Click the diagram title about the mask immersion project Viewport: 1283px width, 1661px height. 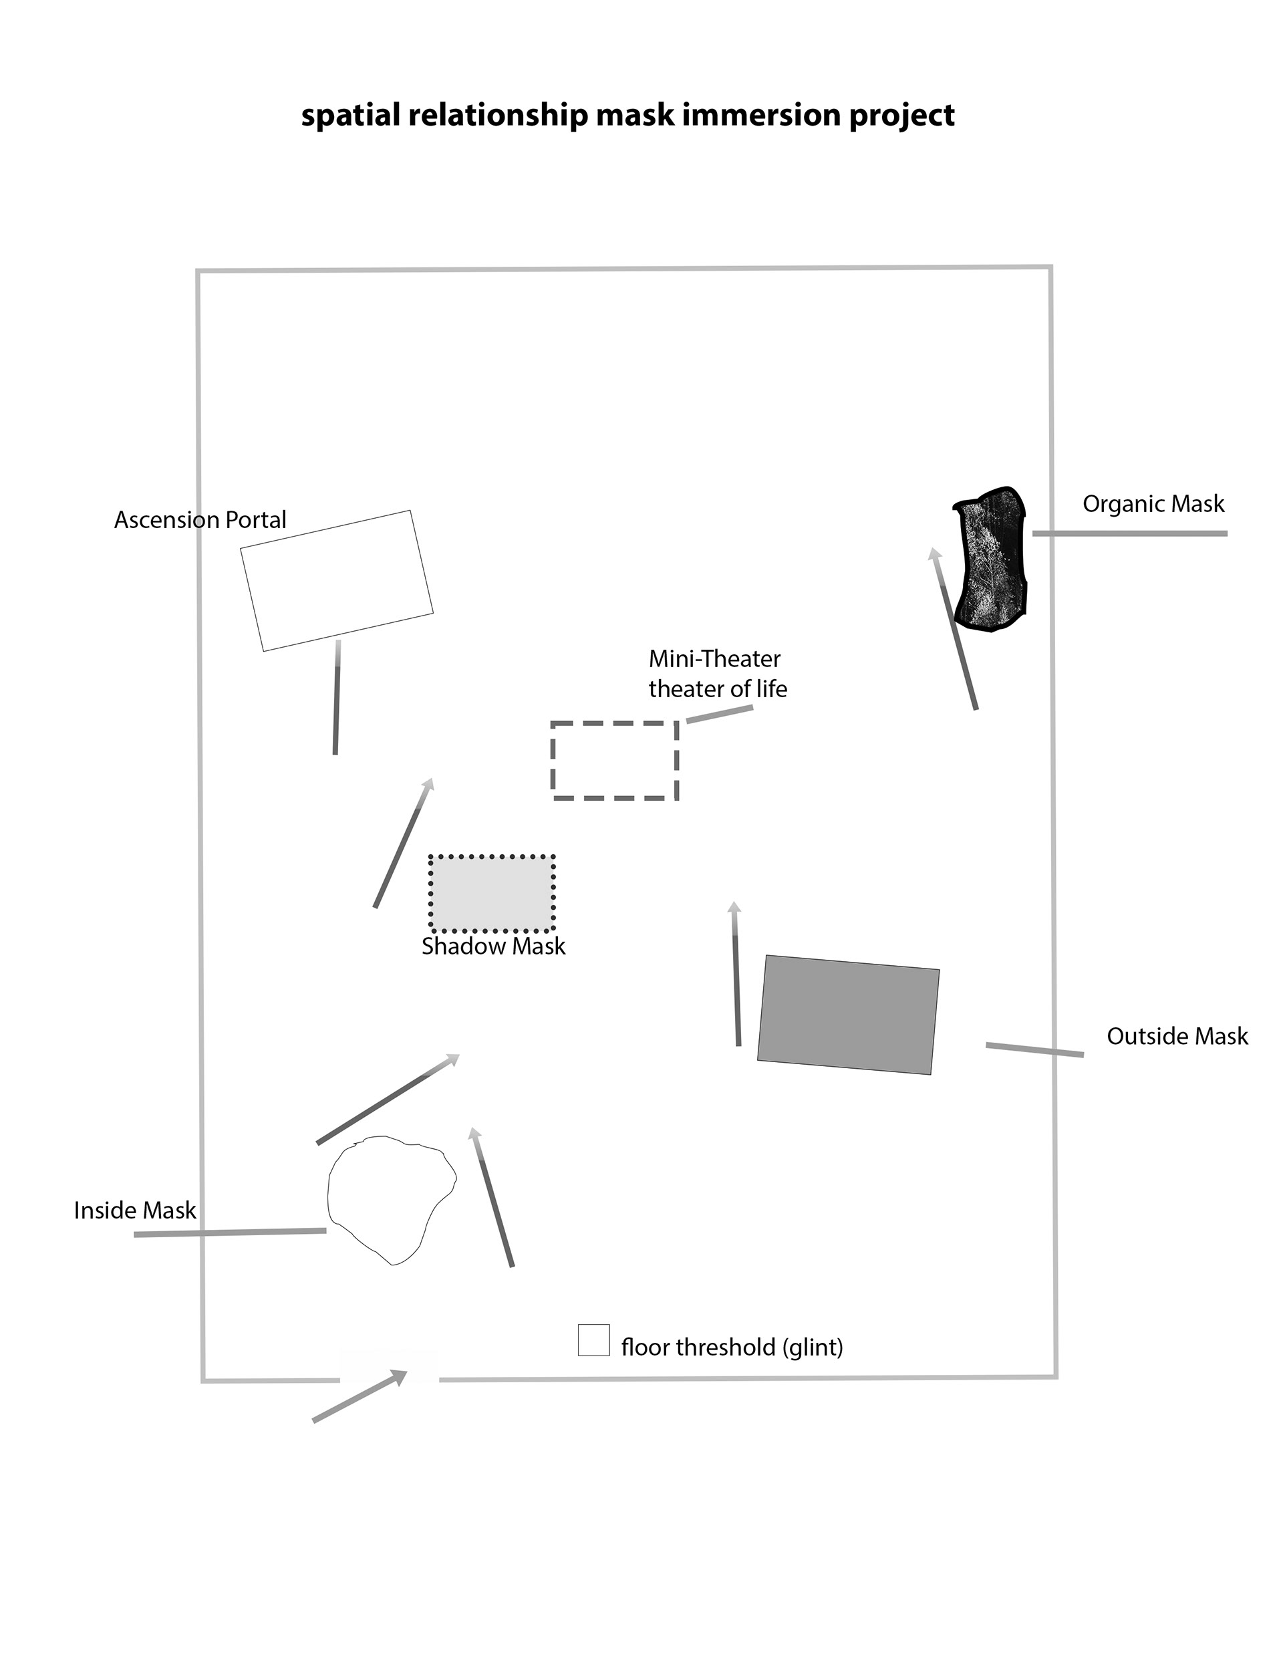(x=627, y=116)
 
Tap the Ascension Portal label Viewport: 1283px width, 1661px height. (x=200, y=520)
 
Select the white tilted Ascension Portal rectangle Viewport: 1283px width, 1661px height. (x=336, y=580)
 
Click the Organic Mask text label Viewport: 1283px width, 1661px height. (x=1153, y=504)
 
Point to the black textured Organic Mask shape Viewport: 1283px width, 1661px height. (x=990, y=559)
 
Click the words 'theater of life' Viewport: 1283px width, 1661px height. (x=717, y=689)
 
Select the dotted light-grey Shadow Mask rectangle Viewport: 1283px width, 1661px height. (x=492, y=893)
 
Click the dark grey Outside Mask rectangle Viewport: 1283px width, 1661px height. (x=848, y=1015)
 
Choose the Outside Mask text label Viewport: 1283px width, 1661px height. (x=1177, y=1036)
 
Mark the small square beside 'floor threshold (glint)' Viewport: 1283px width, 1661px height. (x=593, y=1340)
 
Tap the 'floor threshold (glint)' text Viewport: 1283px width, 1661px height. (x=732, y=1347)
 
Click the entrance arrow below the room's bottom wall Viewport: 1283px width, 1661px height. (x=360, y=1396)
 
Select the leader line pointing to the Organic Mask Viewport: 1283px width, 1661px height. (x=1129, y=534)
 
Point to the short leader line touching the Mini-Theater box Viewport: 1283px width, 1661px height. (x=720, y=714)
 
